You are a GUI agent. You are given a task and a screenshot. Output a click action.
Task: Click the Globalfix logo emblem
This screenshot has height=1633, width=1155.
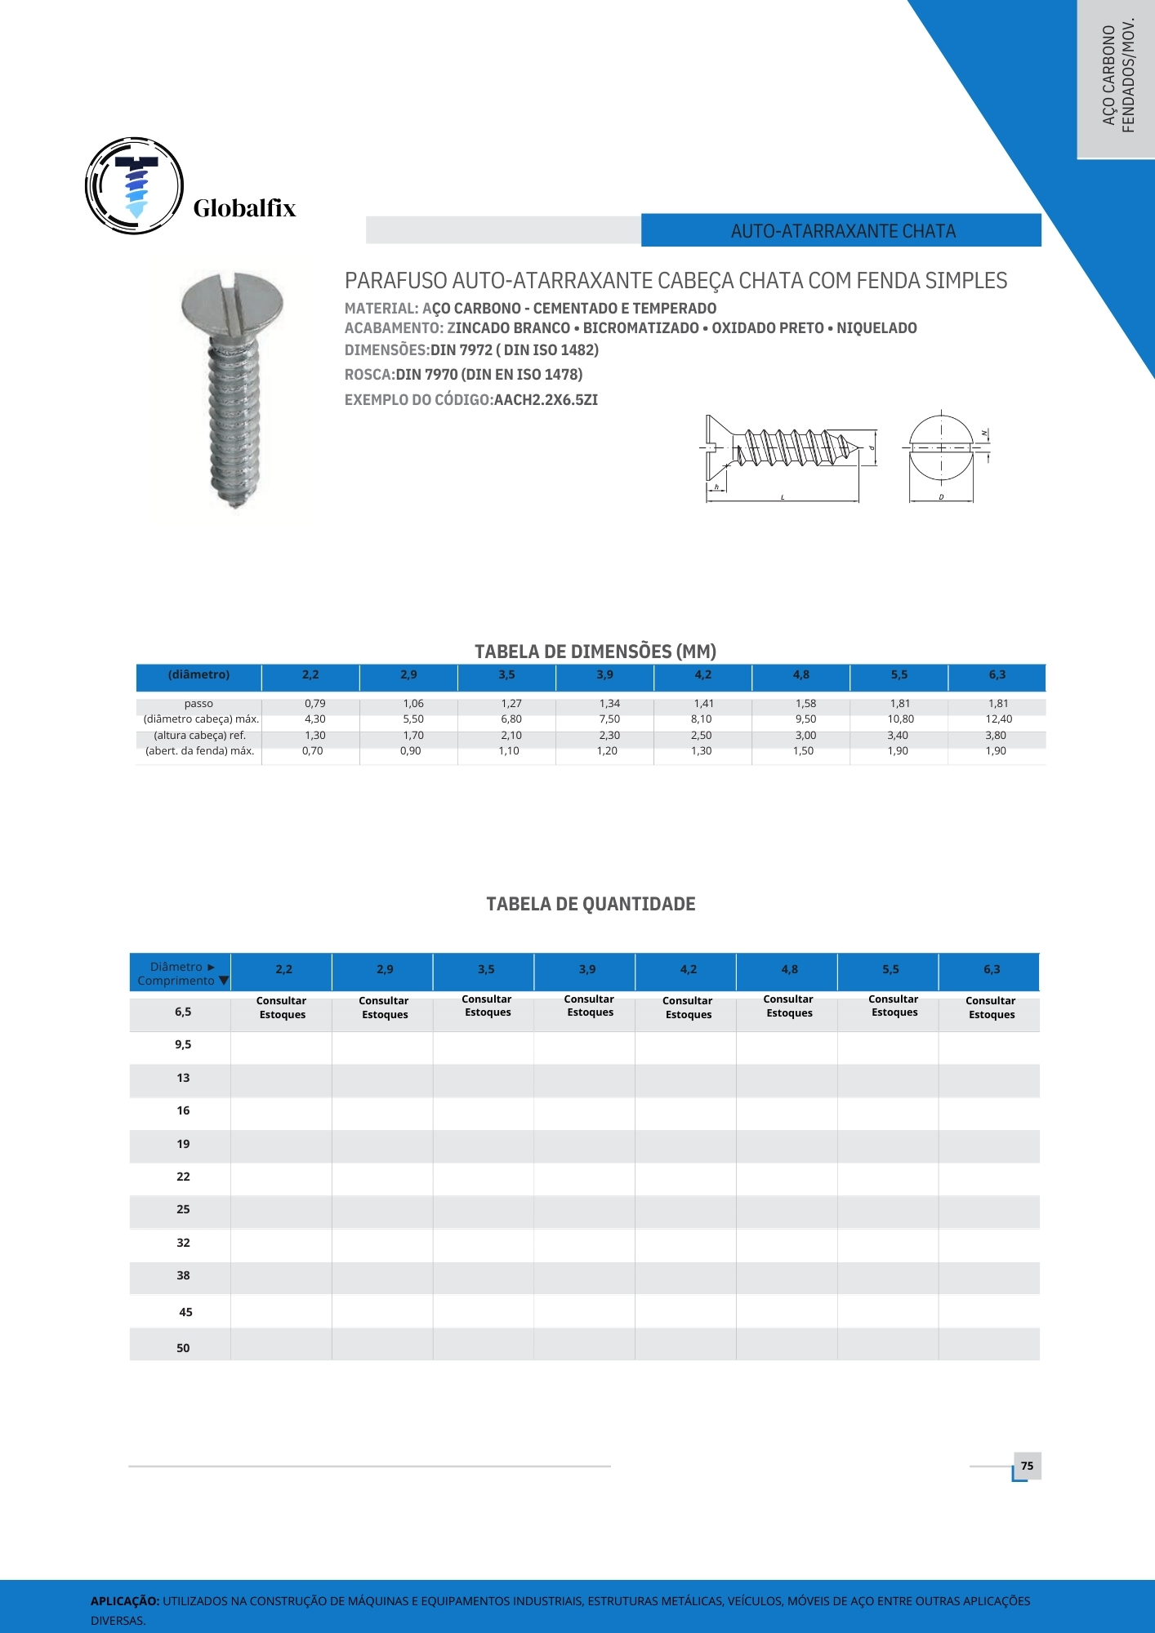[135, 186]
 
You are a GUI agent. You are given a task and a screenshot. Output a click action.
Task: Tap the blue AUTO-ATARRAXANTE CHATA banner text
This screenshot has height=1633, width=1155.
[843, 231]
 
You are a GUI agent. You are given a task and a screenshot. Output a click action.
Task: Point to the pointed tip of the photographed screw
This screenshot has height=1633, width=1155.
[237, 504]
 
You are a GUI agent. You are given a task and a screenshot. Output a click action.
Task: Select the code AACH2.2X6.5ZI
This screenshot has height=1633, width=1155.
[546, 400]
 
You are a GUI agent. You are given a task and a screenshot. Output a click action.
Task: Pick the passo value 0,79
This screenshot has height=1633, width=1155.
[314, 703]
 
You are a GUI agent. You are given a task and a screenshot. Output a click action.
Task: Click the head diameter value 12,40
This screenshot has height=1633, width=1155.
[998, 719]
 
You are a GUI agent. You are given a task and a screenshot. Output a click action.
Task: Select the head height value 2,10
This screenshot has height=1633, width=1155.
[511, 736]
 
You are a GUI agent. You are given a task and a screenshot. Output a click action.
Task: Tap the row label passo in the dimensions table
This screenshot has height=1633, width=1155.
[198, 703]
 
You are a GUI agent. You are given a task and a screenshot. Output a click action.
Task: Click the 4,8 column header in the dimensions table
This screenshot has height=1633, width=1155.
[801, 674]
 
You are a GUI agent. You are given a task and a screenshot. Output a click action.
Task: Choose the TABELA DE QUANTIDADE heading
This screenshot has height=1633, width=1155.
[591, 904]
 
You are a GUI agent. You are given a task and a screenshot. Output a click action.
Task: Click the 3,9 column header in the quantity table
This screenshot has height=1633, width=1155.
[587, 969]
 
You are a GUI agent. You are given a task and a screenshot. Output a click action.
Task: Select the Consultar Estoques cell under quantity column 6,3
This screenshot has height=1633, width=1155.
[991, 1008]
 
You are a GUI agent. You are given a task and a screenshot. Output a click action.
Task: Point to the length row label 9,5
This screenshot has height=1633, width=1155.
[183, 1044]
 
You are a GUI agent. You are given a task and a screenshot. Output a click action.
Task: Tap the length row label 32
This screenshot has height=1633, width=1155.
[183, 1243]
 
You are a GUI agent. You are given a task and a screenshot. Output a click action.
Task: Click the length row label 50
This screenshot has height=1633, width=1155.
[183, 1348]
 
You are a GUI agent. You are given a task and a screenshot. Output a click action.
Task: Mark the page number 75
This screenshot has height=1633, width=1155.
[1027, 1466]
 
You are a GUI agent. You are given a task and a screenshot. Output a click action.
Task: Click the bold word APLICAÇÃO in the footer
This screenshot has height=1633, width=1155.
[125, 1601]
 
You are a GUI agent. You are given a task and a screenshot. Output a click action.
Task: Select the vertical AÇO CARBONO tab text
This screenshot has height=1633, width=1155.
[1109, 76]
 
